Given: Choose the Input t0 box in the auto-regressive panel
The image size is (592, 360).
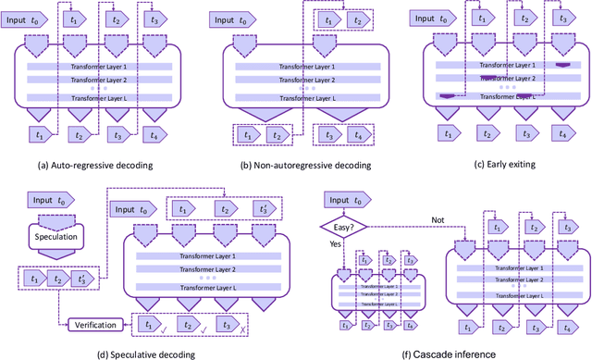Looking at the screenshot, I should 32,19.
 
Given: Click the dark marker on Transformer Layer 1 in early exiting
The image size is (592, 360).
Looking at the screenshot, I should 561,66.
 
